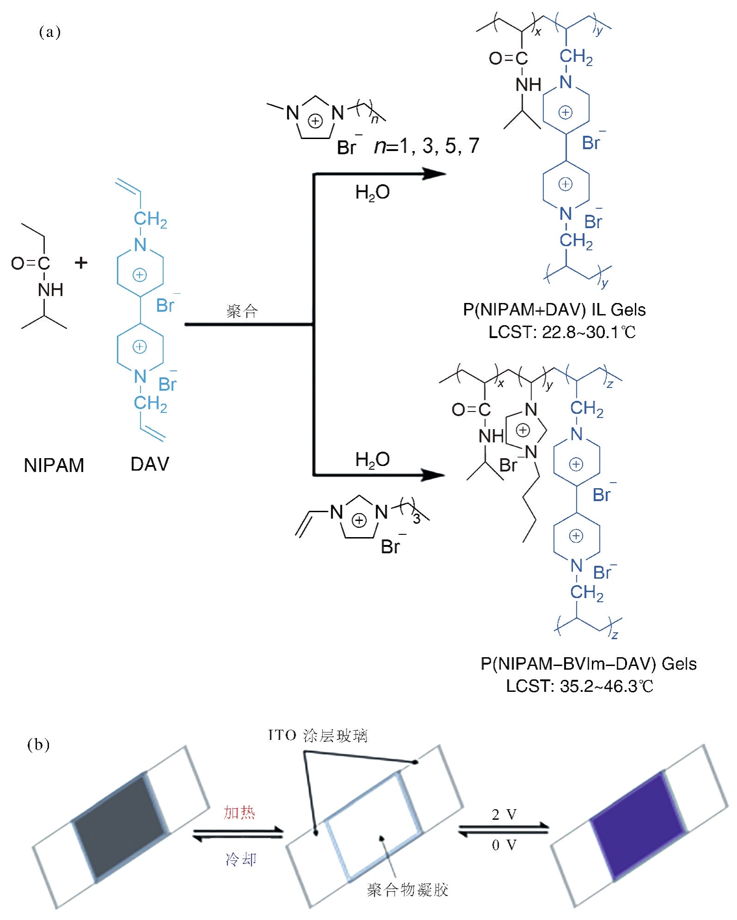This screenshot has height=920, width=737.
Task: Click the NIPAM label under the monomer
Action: pyautogui.click(x=54, y=465)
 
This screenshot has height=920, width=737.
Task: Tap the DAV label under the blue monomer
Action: pyautogui.click(x=150, y=464)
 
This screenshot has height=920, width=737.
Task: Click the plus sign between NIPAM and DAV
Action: pyautogui.click(x=81, y=263)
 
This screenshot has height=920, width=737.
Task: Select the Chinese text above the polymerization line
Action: pyautogui.click(x=242, y=311)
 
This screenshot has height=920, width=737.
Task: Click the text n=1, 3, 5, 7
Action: pyautogui.click(x=426, y=146)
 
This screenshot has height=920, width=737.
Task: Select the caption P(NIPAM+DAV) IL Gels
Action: pyautogui.click(x=554, y=309)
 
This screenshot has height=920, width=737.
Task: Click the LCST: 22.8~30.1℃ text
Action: pyautogui.click(x=562, y=332)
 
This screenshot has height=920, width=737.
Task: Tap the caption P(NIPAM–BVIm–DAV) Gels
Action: pyautogui.click(x=588, y=664)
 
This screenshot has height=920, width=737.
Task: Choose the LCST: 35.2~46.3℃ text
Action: pyautogui.click(x=579, y=686)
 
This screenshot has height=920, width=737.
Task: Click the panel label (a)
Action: pyautogui.click(x=50, y=32)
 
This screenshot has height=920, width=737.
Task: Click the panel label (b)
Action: pyautogui.click(x=39, y=745)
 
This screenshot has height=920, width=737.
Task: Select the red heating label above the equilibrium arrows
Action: pyautogui.click(x=239, y=813)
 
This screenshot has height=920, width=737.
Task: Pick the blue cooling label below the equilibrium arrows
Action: pyautogui.click(x=241, y=859)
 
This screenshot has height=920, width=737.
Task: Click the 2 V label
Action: pyautogui.click(x=504, y=815)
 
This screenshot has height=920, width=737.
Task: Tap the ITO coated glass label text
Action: pyautogui.click(x=318, y=736)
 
